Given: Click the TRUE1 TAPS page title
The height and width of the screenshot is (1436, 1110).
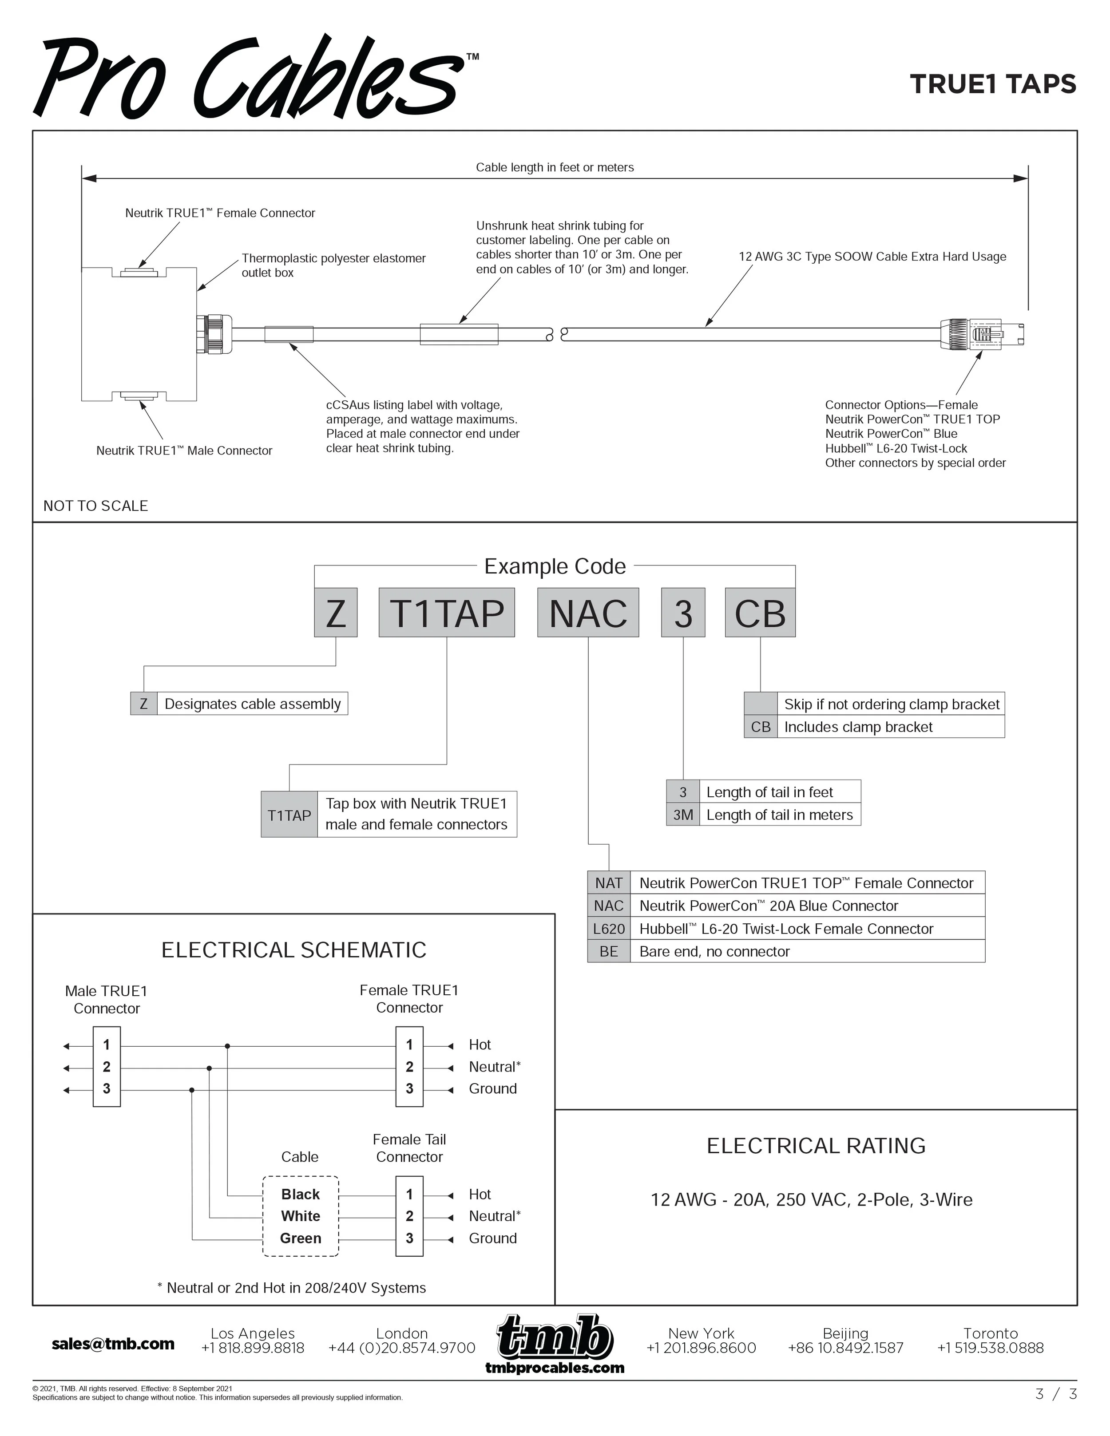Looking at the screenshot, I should click(x=992, y=84).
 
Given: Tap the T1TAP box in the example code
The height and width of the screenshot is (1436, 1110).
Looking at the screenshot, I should click(x=447, y=613).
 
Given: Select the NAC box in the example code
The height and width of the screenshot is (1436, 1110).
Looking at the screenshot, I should click(x=588, y=613).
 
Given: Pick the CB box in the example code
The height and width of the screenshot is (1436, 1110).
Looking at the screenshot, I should click(x=760, y=613).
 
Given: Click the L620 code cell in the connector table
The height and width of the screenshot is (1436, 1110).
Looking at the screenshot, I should click(x=608, y=928).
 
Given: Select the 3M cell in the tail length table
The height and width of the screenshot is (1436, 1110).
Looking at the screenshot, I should click(x=682, y=815).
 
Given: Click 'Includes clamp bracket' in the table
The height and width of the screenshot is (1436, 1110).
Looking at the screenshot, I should click(x=858, y=727).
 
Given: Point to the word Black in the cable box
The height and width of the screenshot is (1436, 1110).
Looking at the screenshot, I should click(x=301, y=1194).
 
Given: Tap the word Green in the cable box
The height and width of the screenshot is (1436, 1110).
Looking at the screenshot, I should click(x=301, y=1238).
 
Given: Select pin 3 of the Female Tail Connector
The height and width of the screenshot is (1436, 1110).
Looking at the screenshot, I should click(x=409, y=1238).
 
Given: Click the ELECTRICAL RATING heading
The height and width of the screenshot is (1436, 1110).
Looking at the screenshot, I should click(x=815, y=1146).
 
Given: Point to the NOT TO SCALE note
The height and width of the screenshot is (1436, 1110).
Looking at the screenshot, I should click(x=95, y=506).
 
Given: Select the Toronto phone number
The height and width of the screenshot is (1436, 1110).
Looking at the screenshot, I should click(x=990, y=1349).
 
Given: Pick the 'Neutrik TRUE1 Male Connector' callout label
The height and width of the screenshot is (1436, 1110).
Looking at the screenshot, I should click(x=184, y=451).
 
